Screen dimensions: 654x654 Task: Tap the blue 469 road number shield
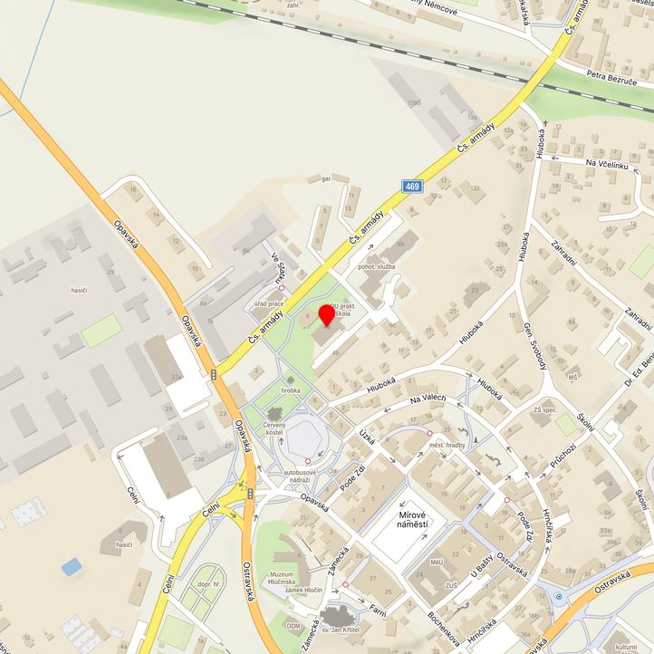pos(412,186)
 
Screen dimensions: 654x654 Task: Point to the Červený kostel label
pos(274,429)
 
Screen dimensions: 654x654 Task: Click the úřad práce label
pos(269,303)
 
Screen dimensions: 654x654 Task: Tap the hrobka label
pos(291,390)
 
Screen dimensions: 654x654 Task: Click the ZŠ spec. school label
pos(545,411)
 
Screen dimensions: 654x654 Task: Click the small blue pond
pos(72,566)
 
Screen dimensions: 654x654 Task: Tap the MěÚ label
pos(437,563)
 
